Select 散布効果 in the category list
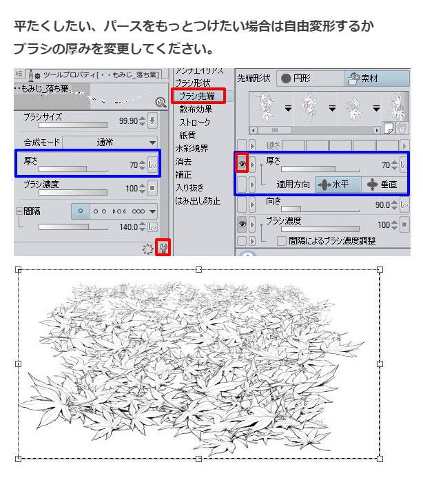point(196,109)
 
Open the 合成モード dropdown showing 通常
point(110,143)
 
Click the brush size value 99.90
point(128,120)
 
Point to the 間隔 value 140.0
point(128,226)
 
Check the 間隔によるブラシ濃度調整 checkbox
point(281,241)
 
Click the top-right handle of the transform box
point(380,270)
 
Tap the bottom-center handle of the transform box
point(199,458)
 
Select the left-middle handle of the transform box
point(19,364)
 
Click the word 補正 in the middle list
point(184,174)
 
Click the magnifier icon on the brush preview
point(161,103)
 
